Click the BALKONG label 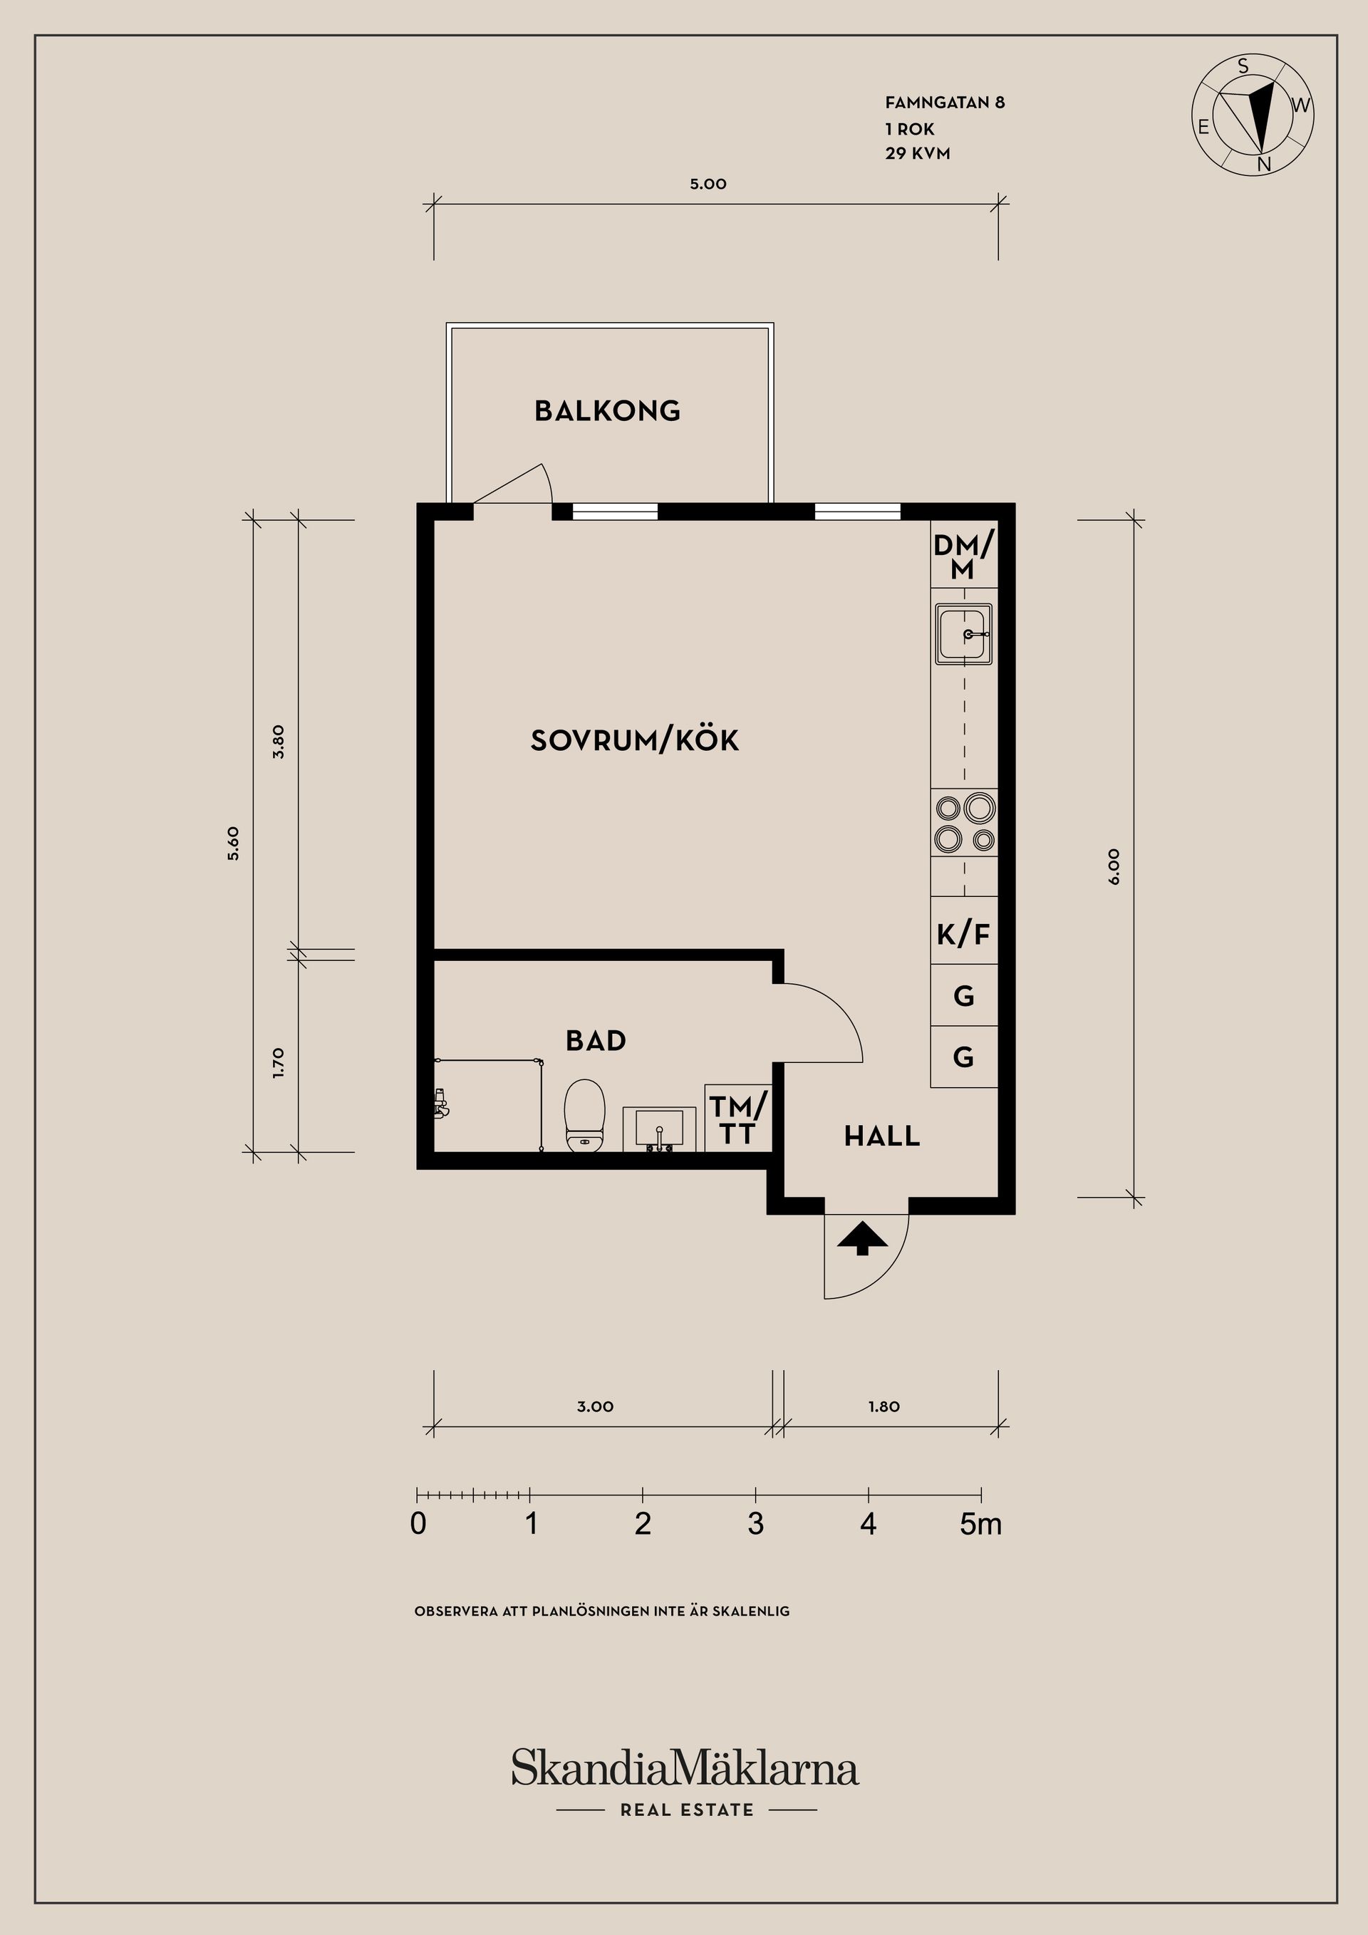(x=607, y=410)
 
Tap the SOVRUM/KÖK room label (x=635, y=740)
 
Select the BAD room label (x=596, y=1041)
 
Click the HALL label (x=881, y=1136)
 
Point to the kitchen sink (x=963, y=634)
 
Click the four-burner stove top (x=964, y=823)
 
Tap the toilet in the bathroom (x=585, y=1115)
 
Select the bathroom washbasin (x=659, y=1129)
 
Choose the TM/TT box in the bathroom (x=738, y=1119)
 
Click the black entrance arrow (x=862, y=1239)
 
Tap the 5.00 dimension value (x=708, y=184)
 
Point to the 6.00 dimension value (x=1114, y=866)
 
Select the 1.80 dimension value (x=884, y=1406)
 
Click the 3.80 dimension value (x=279, y=742)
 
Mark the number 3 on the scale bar (x=755, y=1524)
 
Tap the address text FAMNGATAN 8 (x=945, y=103)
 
